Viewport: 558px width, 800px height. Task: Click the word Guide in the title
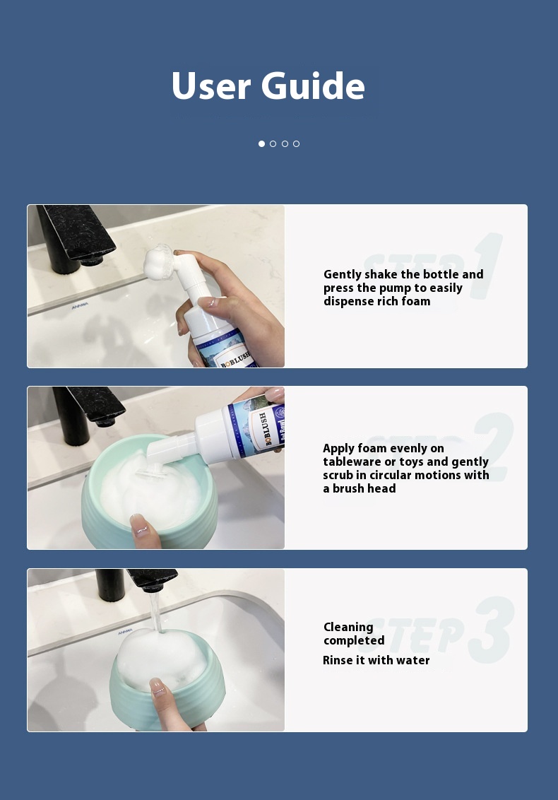(312, 86)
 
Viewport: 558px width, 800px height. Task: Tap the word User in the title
(211, 86)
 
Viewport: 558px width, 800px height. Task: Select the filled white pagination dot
(261, 143)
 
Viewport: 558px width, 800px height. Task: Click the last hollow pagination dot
(296, 143)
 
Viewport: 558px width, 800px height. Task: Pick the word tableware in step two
(352, 461)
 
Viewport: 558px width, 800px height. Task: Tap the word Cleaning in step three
(348, 627)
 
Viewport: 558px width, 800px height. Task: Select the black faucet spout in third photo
(150, 579)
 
